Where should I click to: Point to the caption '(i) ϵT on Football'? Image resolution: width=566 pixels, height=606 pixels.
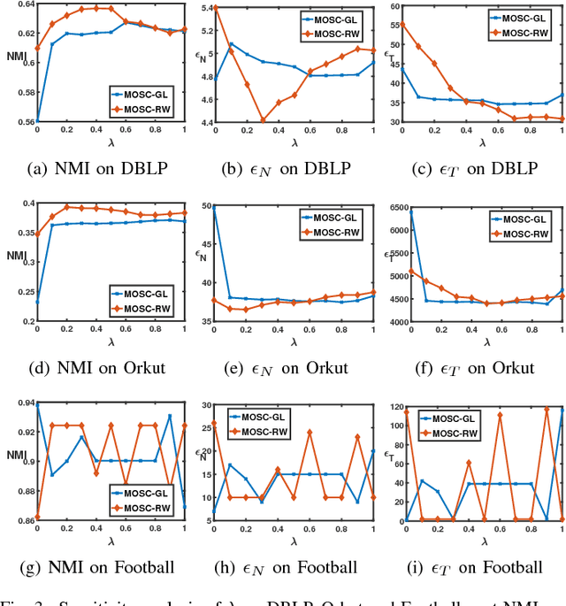tap(473, 567)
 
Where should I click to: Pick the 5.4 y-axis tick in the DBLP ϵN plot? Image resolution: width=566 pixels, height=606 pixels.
tap(204, 8)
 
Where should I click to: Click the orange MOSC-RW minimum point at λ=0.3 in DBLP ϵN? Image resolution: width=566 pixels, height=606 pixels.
tap(263, 120)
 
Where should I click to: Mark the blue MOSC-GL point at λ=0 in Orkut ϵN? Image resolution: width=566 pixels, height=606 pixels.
tap(213, 206)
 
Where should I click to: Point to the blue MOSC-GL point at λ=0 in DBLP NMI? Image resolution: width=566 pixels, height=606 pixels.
tap(37, 121)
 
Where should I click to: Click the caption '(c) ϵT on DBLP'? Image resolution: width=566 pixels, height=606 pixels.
tap(473, 166)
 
